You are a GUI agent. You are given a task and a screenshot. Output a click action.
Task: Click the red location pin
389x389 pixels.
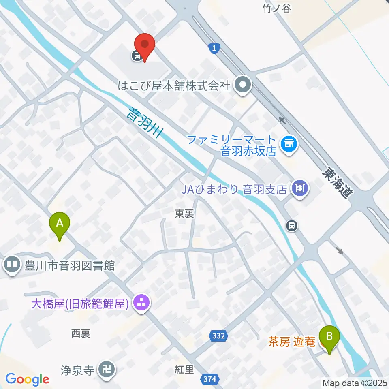145,47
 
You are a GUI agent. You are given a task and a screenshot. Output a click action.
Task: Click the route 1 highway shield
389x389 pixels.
214,49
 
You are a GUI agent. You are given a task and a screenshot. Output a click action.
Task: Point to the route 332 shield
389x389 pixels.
219,336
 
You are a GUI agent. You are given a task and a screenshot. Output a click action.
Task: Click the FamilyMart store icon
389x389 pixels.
289,143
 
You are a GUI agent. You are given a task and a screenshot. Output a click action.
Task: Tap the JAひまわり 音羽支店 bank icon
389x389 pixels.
300,188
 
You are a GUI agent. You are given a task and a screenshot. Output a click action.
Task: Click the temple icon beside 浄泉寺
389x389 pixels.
107,370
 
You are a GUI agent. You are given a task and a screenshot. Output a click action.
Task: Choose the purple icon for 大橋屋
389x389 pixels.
141,303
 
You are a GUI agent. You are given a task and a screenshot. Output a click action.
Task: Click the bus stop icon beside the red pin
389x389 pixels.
137,56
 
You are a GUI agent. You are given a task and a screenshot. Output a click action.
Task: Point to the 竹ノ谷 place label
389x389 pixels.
277,9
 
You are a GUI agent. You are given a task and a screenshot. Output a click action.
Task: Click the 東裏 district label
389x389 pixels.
184,214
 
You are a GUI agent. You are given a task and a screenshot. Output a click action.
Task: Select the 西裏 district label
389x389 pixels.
80,333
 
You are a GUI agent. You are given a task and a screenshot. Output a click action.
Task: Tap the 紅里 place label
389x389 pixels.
184,370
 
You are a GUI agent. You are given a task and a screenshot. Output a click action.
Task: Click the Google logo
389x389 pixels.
27,379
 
